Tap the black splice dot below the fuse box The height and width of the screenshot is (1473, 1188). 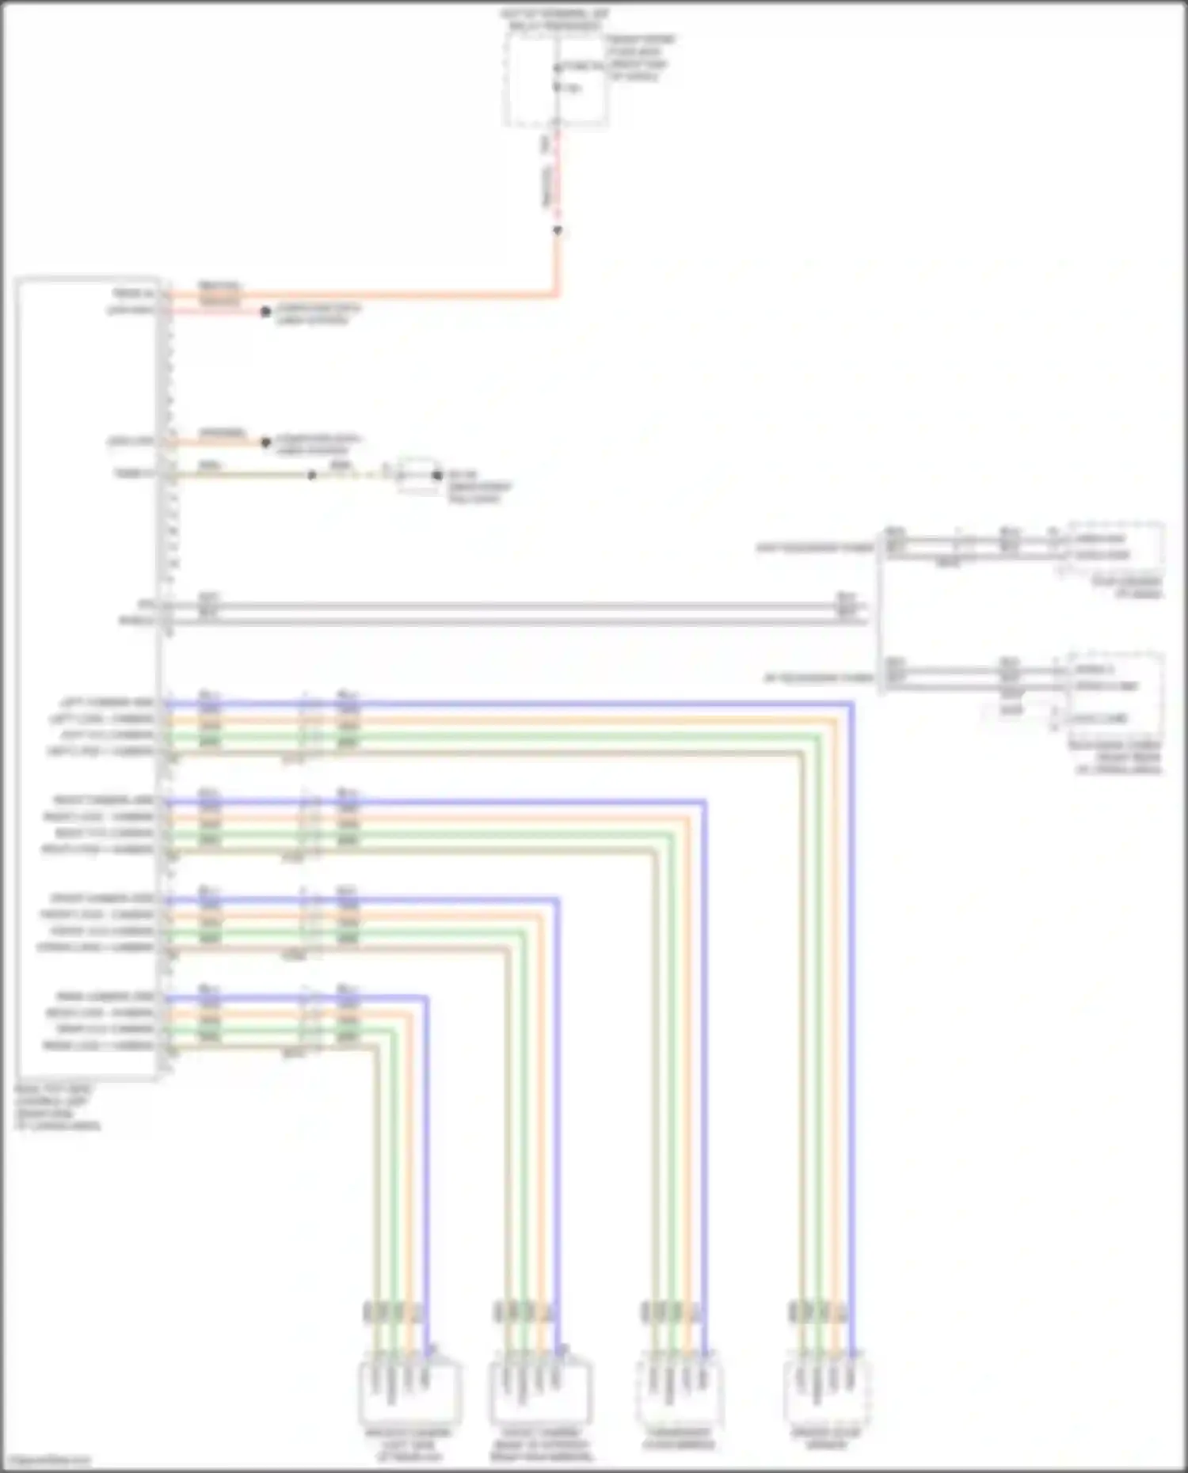pyautogui.click(x=558, y=230)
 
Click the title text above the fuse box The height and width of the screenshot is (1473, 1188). pyautogui.click(x=554, y=20)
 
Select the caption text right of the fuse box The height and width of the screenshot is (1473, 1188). pyautogui.click(x=640, y=58)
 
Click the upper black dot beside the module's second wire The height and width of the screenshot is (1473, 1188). pyautogui.click(x=266, y=312)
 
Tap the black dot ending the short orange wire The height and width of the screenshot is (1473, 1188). pyautogui.click(x=266, y=442)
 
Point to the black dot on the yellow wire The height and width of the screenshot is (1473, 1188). pyautogui.click(x=312, y=476)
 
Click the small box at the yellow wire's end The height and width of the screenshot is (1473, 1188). pyautogui.click(x=419, y=476)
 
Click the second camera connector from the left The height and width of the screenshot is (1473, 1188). pyautogui.click(x=541, y=1390)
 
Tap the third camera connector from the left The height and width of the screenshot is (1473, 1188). pyautogui.click(x=679, y=1390)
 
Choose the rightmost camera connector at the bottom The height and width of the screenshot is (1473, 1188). pyautogui.click(x=828, y=1390)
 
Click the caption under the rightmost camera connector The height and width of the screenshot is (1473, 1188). pyautogui.click(x=826, y=1438)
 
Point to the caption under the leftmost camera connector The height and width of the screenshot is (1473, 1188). pyautogui.click(x=408, y=1444)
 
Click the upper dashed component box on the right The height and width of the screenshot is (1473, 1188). pyautogui.click(x=1115, y=546)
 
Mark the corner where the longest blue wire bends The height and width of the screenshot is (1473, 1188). pyautogui.click(x=851, y=703)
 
